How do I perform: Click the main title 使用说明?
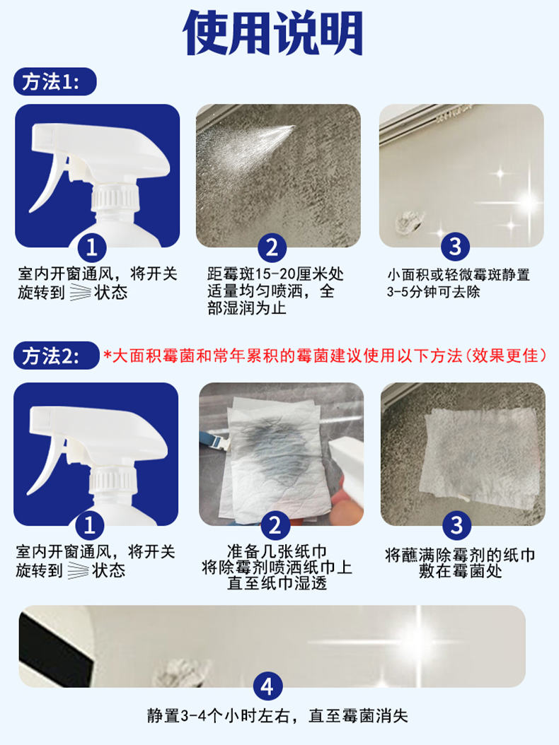[272, 33]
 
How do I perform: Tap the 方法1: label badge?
[54, 82]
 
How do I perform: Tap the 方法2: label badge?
[56, 356]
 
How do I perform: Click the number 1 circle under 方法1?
[91, 247]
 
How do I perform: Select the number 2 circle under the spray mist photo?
[272, 247]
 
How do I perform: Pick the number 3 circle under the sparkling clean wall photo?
[455, 247]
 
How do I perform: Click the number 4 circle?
[267, 686]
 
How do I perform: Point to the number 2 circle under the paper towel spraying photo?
[275, 525]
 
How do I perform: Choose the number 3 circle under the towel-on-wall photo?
[456, 525]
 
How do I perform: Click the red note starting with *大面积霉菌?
[325, 356]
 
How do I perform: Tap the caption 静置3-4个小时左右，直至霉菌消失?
[277, 715]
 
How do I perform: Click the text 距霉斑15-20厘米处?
[275, 274]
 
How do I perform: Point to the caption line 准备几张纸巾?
[277, 551]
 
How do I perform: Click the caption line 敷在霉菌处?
[460, 570]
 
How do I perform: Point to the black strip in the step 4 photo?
[54, 646]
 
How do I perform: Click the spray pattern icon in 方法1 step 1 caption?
[79, 292]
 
